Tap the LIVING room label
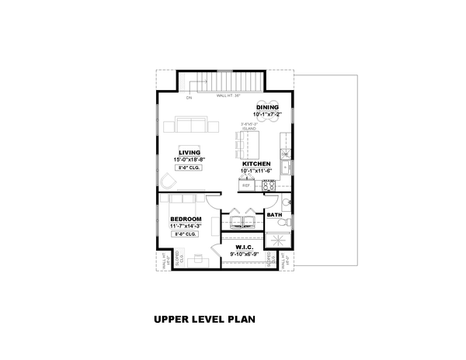188,153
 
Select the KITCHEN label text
256,164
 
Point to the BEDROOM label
186,219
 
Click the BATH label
274,215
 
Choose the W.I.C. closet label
246,247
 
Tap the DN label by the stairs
189,99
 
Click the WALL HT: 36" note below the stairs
228,96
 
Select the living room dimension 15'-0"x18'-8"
189,160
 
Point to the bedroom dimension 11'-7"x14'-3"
186,226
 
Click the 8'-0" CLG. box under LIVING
189,168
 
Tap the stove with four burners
269,185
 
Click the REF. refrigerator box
246,185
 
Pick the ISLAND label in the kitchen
249,127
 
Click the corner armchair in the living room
169,181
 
